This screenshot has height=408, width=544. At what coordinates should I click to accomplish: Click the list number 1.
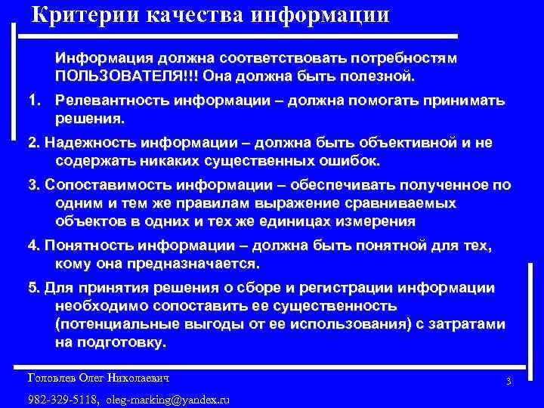[32, 101]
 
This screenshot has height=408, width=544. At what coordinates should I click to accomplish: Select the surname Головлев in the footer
[52, 377]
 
